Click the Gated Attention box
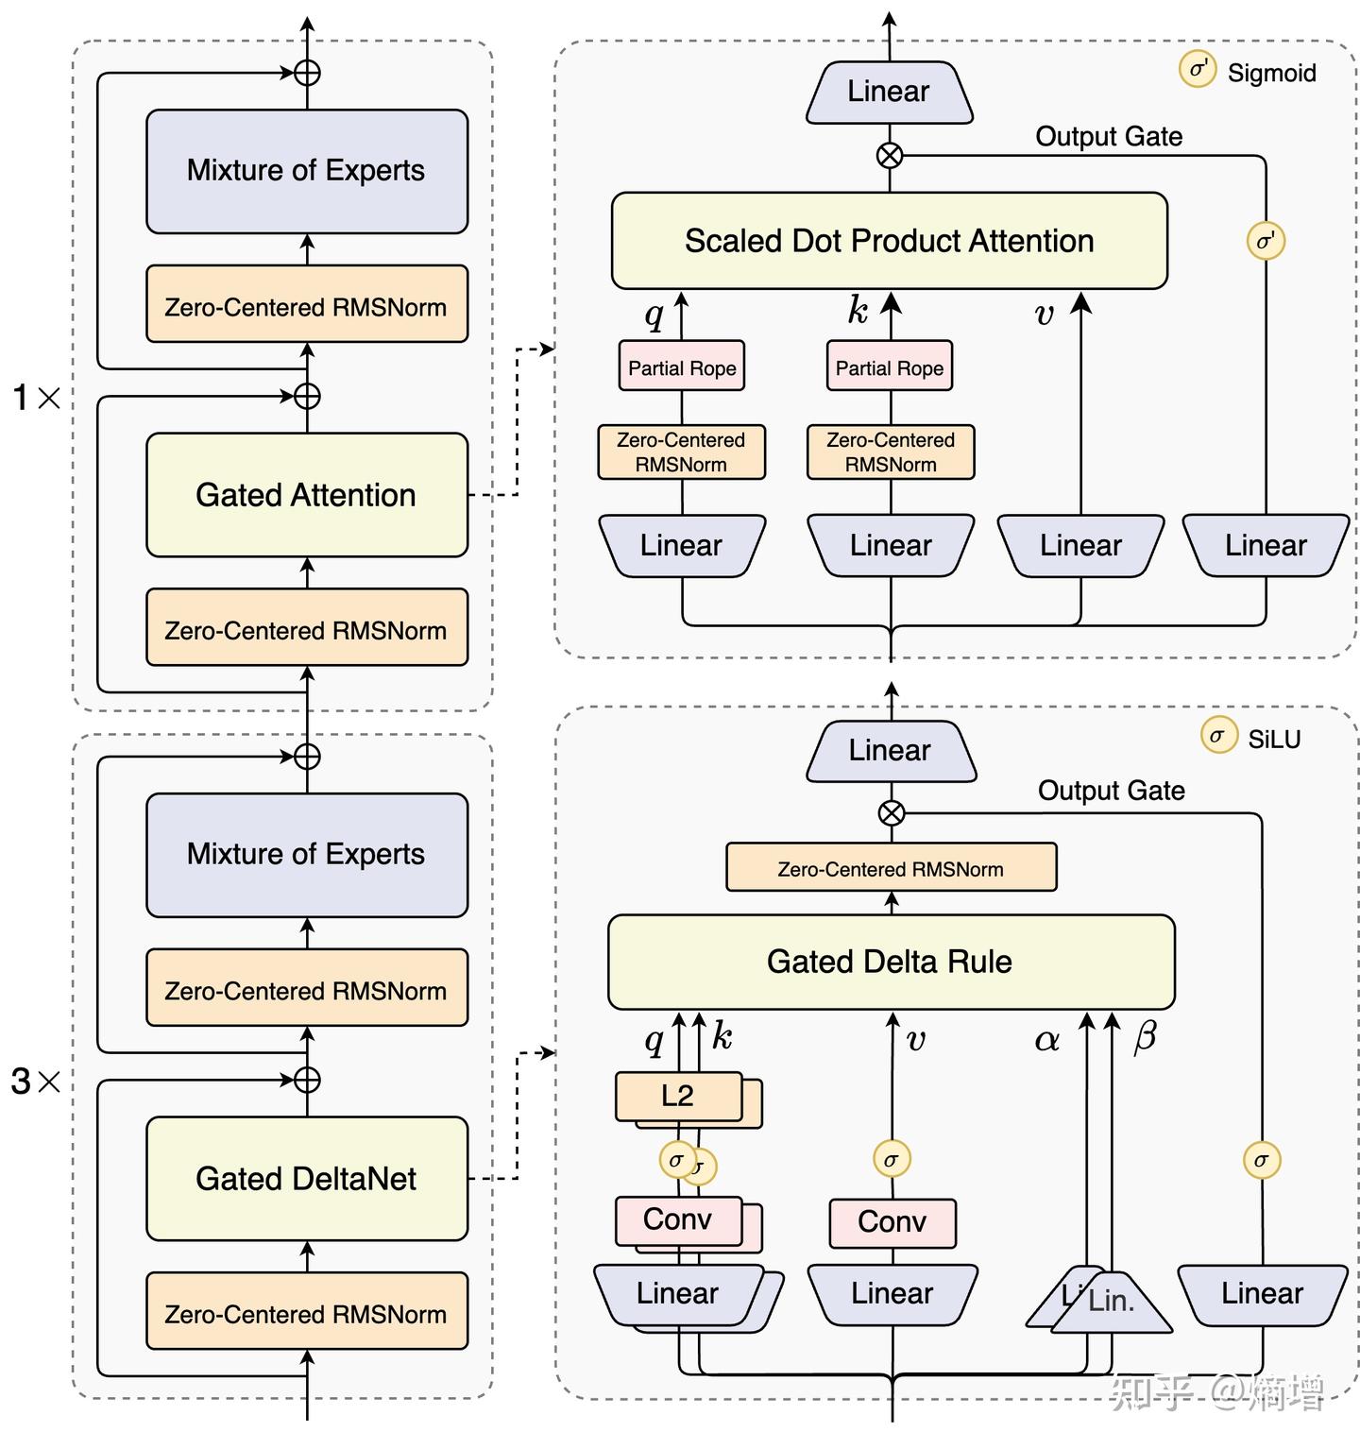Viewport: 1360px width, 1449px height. tap(306, 495)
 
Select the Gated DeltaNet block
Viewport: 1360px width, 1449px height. tap(306, 1178)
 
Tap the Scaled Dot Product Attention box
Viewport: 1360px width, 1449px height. tap(889, 241)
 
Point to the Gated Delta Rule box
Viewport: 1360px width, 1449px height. tap(890, 962)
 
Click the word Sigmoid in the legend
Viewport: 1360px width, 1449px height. tap(1271, 73)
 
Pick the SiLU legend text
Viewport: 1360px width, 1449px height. tap(1274, 739)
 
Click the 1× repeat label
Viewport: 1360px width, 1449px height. tap(36, 398)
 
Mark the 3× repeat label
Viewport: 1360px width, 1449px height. tap(36, 1082)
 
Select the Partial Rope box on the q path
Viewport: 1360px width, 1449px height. tap(682, 367)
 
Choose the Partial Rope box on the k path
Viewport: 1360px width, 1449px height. tap(889, 367)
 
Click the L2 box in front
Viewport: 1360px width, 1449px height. tap(677, 1096)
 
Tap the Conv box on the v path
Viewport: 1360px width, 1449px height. tap(892, 1222)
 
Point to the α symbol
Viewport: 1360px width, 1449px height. tap(1046, 1040)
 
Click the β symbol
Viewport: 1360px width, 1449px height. tap(1144, 1037)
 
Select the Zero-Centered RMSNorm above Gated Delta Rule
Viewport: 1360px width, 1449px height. tap(891, 868)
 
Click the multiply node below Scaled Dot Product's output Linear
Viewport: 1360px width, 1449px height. tap(890, 155)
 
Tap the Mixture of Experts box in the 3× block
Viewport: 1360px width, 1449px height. tap(306, 854)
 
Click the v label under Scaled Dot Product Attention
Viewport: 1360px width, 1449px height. tap(1044, 314)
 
